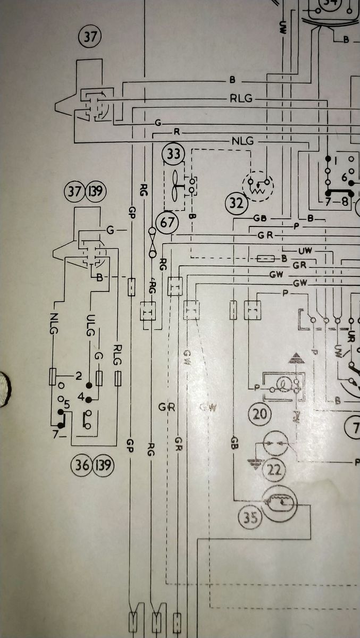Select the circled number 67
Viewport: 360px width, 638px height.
[x=166, y=222]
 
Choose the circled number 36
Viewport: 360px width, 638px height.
[x=80, y=466]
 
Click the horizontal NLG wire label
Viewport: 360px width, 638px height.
[x=242, y=141]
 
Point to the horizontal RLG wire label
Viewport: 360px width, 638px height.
[x=241, y=99]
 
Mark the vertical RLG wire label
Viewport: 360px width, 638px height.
[x=118, y=355]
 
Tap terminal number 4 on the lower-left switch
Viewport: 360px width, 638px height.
[x=81, y=396]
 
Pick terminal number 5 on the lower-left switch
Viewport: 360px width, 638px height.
[x=66, y=406]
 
